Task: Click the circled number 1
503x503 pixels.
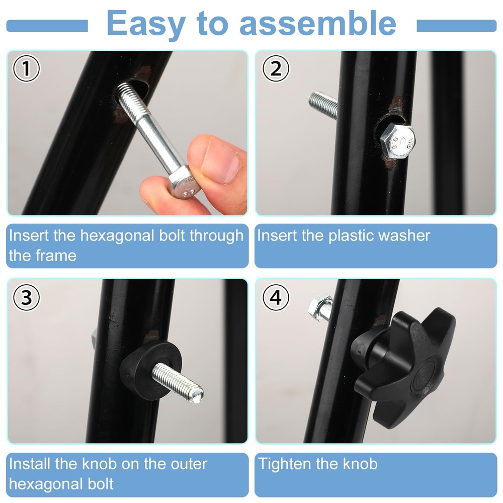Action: tap(26, 70)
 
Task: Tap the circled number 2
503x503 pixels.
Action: tap(276, 69)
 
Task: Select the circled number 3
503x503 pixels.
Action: tap(26, 298)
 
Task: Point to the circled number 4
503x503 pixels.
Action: tap(276, 298)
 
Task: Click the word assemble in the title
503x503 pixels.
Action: tap(317, 23)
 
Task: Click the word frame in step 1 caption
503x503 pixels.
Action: tap(56, 256)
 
